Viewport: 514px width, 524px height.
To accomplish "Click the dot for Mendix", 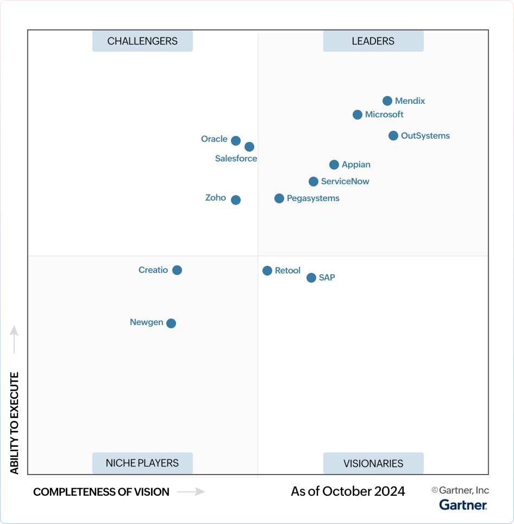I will pyautogui.click(x=387, y=101).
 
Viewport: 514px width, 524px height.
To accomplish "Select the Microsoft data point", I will pyautogui.click(x=358, y=115).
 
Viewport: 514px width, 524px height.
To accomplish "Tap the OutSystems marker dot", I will pyautogui.click(x=393, y=135).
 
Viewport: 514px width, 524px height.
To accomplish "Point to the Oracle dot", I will pyautogui.click(x=236, y=141).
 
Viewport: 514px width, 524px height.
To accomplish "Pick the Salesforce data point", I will pyautogui.click(x=249, y=147).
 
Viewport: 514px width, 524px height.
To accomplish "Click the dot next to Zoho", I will pyautogui.click(x=236, y=200).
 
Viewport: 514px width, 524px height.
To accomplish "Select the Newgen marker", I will pyautogui.click(x=171, y=323).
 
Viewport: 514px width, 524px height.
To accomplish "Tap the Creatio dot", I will pyautogui.click(x=177, y=270).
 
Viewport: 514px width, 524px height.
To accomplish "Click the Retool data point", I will pyautogui.click(x=267, y=271).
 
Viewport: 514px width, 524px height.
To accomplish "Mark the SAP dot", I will pyautogui.click(x=311, y=278).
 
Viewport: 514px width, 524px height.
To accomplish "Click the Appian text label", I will pyautogui.click(x=356, y=165).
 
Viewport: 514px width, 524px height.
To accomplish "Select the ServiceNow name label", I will pyautogui.click(x=345, y=182).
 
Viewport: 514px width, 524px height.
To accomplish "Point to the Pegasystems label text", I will pyautogui.click(x=313, y=198).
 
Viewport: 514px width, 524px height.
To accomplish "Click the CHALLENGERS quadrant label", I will pyautogui.click(x=142, y=41).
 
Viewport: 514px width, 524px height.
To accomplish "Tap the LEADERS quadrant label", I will pyautogui.click(x=373, y=41).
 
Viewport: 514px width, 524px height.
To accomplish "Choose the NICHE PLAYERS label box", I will pyautogui.click(x=142, y=463).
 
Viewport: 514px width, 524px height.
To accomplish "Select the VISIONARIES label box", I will pyautogui.click(x=373, y=464).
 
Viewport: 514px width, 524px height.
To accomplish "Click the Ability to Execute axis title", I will pyautogui.click(x=15, y=423).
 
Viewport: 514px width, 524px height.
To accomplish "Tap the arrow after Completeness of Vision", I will pyautogui.click(x=191, y=492).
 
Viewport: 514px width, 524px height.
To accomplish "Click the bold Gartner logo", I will pyautogui.click(x=463, y=505).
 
